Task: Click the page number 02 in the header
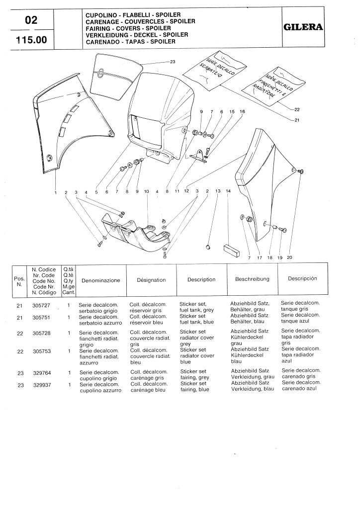click(x=30, y=21)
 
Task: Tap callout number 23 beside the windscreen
click(x=173, y=62)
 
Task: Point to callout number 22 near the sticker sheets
click(x=297, y=109)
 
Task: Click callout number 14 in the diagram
click(x=228, y=191)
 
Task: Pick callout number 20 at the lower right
click(x=290, y=257)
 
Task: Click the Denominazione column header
click(x=100, y=280)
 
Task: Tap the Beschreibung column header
click(x=252, y=279)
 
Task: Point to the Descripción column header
click(x=302, y=278)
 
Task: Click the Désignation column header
click(x=151, y=280)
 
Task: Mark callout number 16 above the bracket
click(x=242, y=112)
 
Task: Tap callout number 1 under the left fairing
click(x=56, y=192)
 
